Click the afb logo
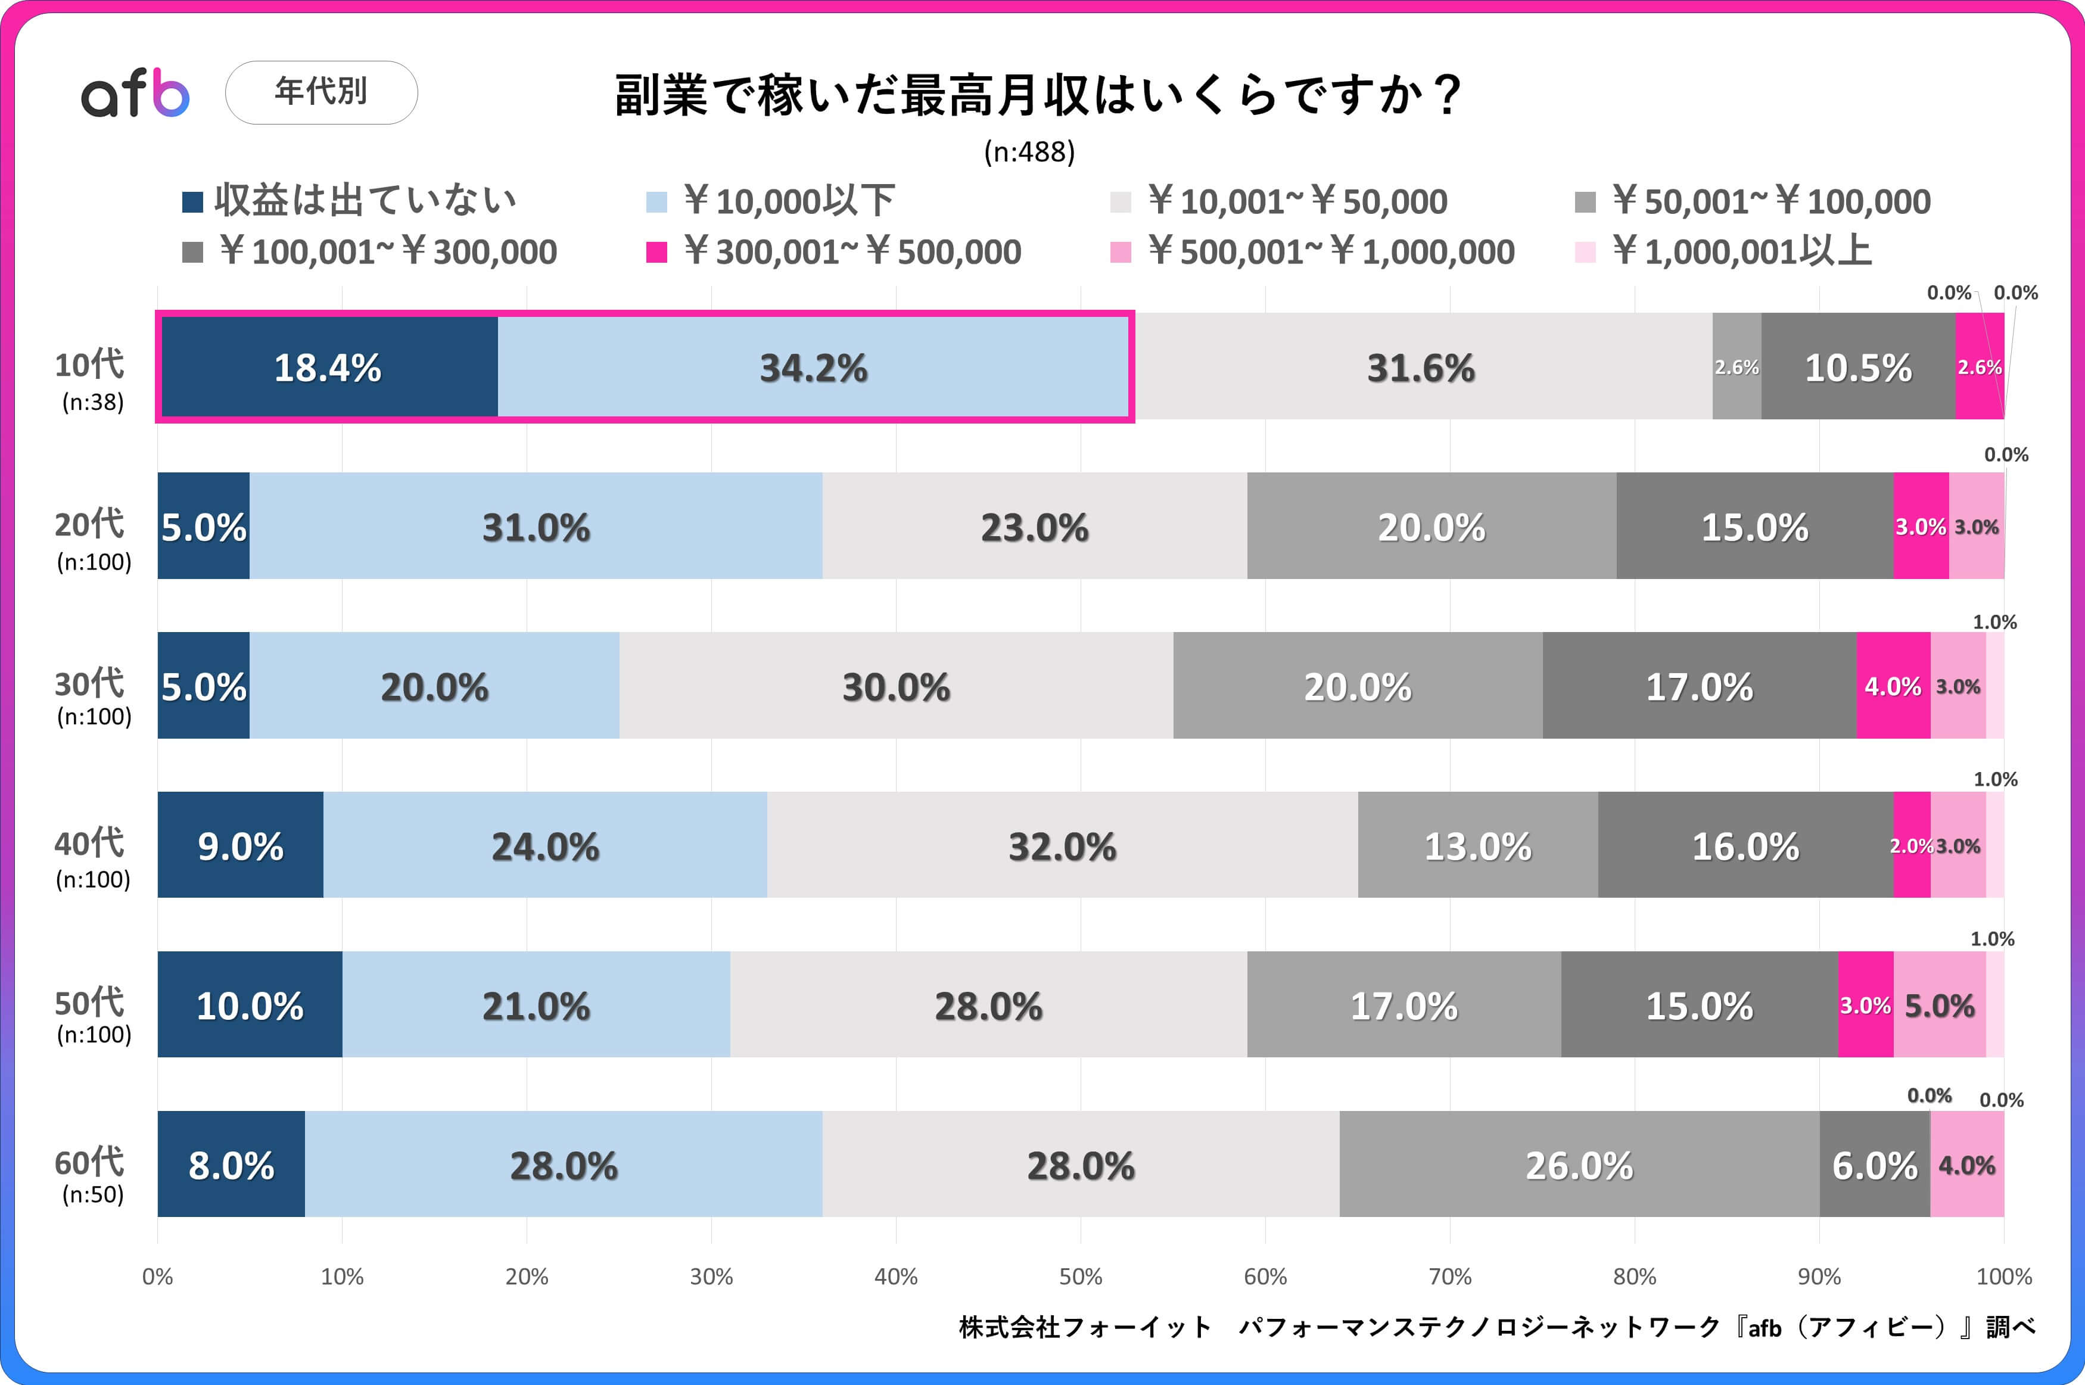pyautogui.click(x=135, y=93)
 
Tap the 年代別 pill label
pyautogui.click(x=322, y=92)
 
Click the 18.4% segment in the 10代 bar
pyautogui.click(x=328, y=366)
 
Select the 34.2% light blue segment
pyautogui.click(x=813, y=366)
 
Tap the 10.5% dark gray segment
pyautogui.click(x=1858, y=366)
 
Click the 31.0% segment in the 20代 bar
pyautogui.click(x=536, y=527)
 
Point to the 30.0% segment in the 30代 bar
pyautogui.click(x=897, y=686)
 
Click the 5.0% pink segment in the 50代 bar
pyautogui.click(x=1939, y=1004)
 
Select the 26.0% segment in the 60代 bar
pyautogui.click(x=1579, y=1164)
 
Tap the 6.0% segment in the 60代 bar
pyautogui.click(x=1875, y=1164)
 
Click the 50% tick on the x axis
pyautogui.click(x=1081, y=1277)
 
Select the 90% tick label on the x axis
pyautogui.click(x=1819, y=1277)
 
